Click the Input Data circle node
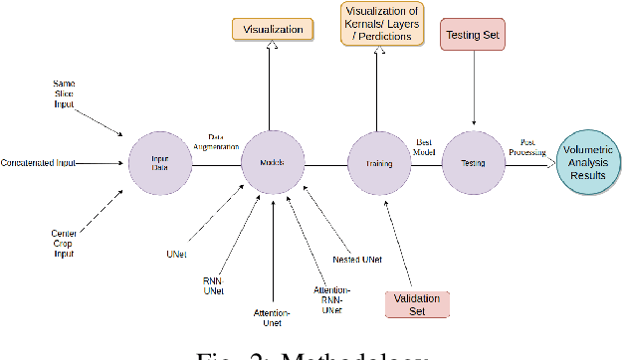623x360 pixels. tap(158, 162)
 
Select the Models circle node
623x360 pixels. tap(271, 162)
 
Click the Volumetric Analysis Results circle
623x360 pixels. tap(588, 162)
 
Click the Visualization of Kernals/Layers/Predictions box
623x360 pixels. tap(377, 24)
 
